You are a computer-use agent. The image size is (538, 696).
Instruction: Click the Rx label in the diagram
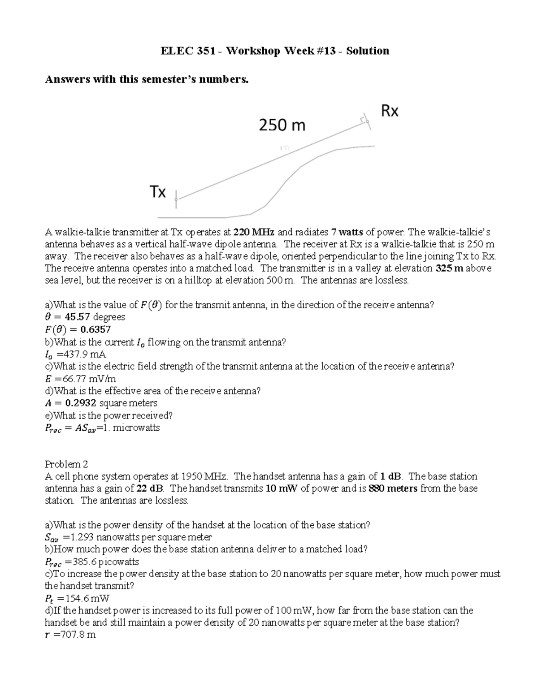389,111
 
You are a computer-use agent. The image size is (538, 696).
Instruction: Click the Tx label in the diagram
157,192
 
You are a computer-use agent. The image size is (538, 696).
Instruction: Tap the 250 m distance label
282,125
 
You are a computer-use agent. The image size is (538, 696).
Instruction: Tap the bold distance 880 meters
393,488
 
